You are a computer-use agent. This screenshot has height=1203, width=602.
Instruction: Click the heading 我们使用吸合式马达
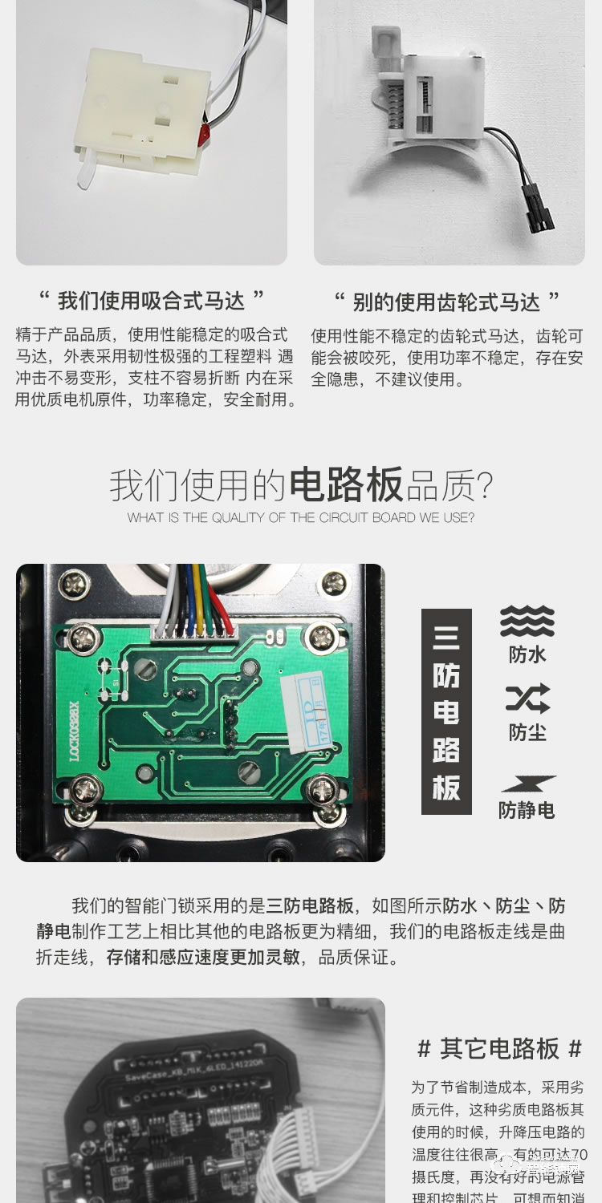click(x=153, y=302)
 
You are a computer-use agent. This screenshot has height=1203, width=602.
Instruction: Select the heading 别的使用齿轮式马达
click(x=447, y=302)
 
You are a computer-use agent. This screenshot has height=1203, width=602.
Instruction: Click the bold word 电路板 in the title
click(x=345, y=486)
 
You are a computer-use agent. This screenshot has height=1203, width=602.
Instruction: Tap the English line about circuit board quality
click(x=300, y=518)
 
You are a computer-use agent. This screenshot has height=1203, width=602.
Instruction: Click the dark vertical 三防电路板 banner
click(x=446, y=711)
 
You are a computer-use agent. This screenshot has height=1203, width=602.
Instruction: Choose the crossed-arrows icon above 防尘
click(x=527, y=699)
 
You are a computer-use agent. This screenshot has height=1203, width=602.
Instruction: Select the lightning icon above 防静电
click(x=527, y=784)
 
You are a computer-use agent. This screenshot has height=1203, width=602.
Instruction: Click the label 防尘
click(x=527, y=732)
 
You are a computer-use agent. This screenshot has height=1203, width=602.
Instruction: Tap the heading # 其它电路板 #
click(x=499, y=1048)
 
